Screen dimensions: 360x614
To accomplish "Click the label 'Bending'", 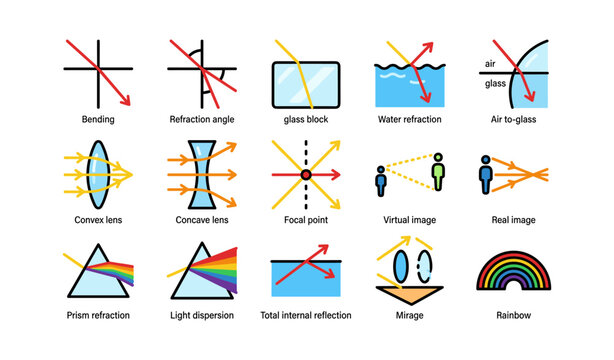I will [x=98, y=119].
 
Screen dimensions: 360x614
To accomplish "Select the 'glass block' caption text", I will [x=306, y=119].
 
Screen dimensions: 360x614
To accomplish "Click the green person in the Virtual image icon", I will [x=437, y=172].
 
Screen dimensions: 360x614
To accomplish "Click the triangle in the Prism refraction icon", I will [x=98, y=271].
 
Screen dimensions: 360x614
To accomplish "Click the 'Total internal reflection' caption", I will [x=306, y=316].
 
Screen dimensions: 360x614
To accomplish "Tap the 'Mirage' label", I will [x=410, y=316].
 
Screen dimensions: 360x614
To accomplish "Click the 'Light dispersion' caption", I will [x=202, y=316].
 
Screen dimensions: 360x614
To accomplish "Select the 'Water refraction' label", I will [x=410, y=119].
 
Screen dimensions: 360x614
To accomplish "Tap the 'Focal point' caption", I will [x=306, y=218].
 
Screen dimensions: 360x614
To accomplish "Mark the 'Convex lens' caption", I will [x=98, y=218].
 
